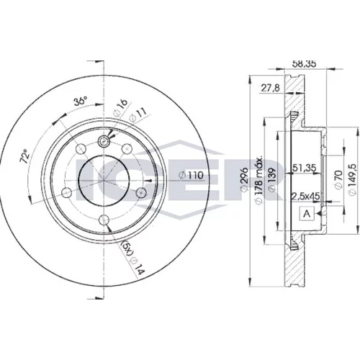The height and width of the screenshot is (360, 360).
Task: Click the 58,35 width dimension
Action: pos(305,63)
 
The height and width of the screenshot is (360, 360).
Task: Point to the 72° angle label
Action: pos(25,156)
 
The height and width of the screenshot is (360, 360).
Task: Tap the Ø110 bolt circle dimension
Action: pos(192,175)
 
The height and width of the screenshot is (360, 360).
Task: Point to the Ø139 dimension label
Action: pos(273,179)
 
